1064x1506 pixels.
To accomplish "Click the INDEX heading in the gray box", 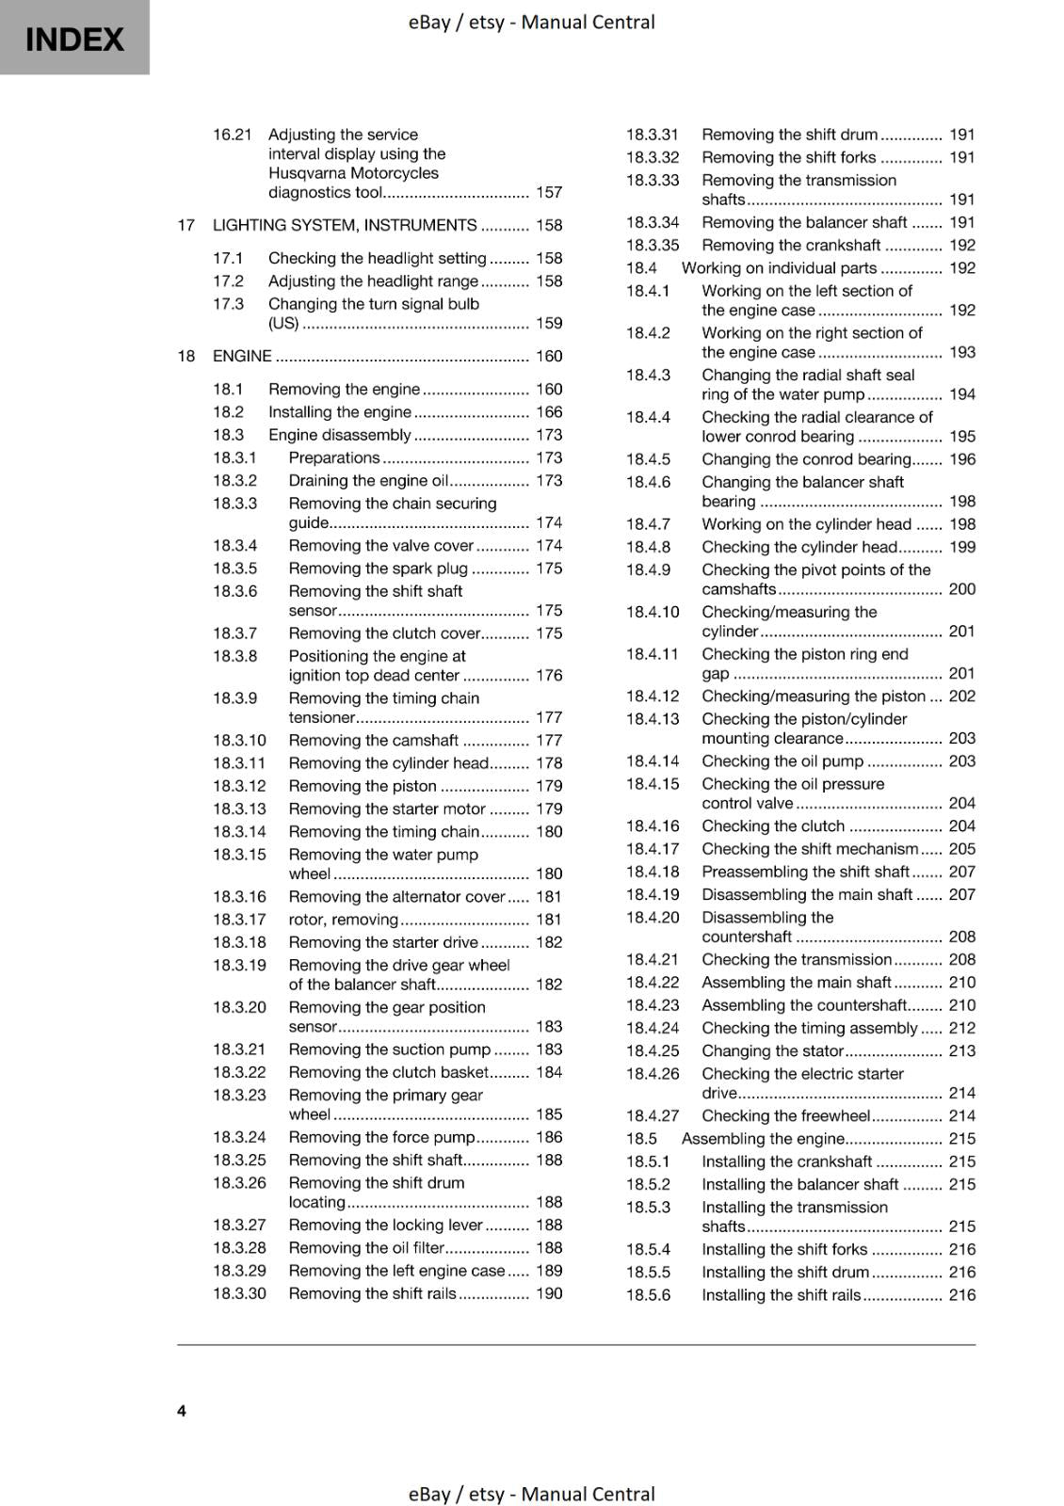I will coord(74,40).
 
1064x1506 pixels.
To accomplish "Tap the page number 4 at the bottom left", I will coord(182,1410).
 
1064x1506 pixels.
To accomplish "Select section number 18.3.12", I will coord(239,786).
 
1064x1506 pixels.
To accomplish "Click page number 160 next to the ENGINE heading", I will coord(549,356).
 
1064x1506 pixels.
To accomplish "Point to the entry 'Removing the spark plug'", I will coord(378,569).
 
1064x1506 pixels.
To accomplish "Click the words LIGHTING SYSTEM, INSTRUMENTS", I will coord(345,225).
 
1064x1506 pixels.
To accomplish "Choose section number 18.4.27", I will coord(653,1115).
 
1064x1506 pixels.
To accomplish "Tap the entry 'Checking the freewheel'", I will coord(785,1115).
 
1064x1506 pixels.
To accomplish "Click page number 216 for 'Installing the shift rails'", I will coord(962,1295).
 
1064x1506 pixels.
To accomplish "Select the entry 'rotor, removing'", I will coord(343,920).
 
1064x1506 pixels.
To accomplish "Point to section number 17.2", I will coord(228,280).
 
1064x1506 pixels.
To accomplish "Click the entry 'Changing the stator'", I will coord(772,1050).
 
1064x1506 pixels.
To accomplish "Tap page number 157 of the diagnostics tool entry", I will coord(549,192).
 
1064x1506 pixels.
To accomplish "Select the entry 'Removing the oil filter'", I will coord(365,1247).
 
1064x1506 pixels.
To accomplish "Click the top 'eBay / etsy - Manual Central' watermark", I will coord(531,22).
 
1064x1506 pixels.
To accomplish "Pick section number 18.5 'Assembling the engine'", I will coord(641,1138).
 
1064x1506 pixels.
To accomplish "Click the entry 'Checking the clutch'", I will coord(773,825).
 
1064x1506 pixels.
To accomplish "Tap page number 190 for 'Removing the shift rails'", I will coord(549,1293).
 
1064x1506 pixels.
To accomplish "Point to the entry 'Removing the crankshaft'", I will coord(791,245).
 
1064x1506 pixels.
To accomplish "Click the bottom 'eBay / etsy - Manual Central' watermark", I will coord(531,1494).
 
